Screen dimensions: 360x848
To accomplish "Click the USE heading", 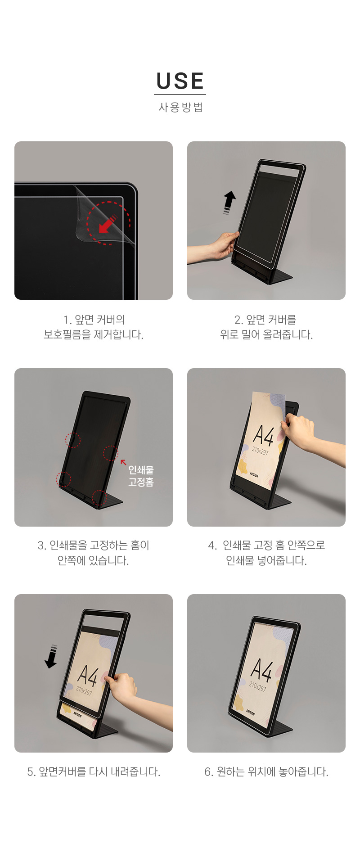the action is tap(180, 81).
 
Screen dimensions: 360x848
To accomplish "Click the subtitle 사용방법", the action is tap(180, 107).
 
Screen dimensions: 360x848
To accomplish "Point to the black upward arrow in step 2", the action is tap(229, 202).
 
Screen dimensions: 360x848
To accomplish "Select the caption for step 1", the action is tap(94, 327).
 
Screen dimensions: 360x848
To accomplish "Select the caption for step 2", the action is tap(266, 327).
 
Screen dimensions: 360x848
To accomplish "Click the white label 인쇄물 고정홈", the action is tap(141, 476).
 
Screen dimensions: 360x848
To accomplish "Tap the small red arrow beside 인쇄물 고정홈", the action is tap(123, 462).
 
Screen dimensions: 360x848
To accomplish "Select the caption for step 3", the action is tap(94, 553).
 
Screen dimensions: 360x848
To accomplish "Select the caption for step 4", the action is tap(266, 553).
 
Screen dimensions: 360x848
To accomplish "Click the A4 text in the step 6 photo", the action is tap(261, 670).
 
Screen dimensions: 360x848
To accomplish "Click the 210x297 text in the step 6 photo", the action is tap(258, 687).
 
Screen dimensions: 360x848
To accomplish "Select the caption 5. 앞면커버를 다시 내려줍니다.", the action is tap(94, 771).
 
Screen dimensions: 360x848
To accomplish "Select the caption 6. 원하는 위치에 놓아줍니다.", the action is tap(266, 771).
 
